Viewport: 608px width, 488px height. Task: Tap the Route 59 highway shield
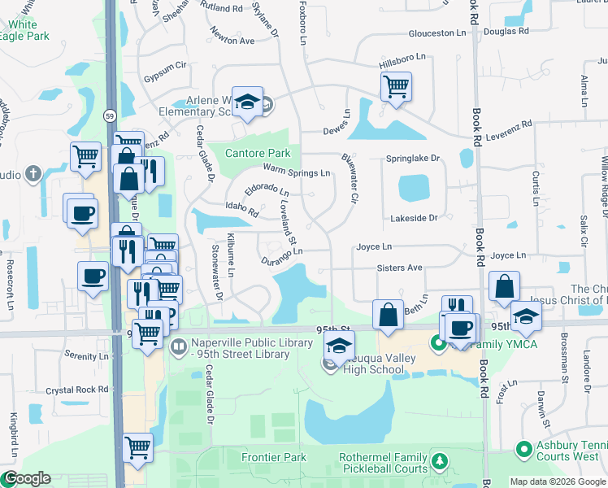click(110, 117)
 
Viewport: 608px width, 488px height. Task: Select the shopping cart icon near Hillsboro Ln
click(396, 86)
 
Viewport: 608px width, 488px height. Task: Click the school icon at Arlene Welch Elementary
click(246, 102)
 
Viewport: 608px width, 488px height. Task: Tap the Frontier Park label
click(274, 457)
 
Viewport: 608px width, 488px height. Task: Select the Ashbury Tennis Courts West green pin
click(524, 448)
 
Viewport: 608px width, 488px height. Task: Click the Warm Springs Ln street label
click(297, 172)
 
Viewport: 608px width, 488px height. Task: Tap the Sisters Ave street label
click(399, 268)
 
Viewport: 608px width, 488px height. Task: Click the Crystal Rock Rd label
click(77, 390)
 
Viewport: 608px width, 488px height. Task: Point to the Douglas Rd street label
click(506, 32)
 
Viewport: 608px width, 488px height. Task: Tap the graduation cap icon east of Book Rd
click(526, 316)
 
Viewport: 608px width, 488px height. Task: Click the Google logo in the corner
click(26, 478)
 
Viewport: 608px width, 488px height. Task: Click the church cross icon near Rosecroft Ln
click(33, 174)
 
